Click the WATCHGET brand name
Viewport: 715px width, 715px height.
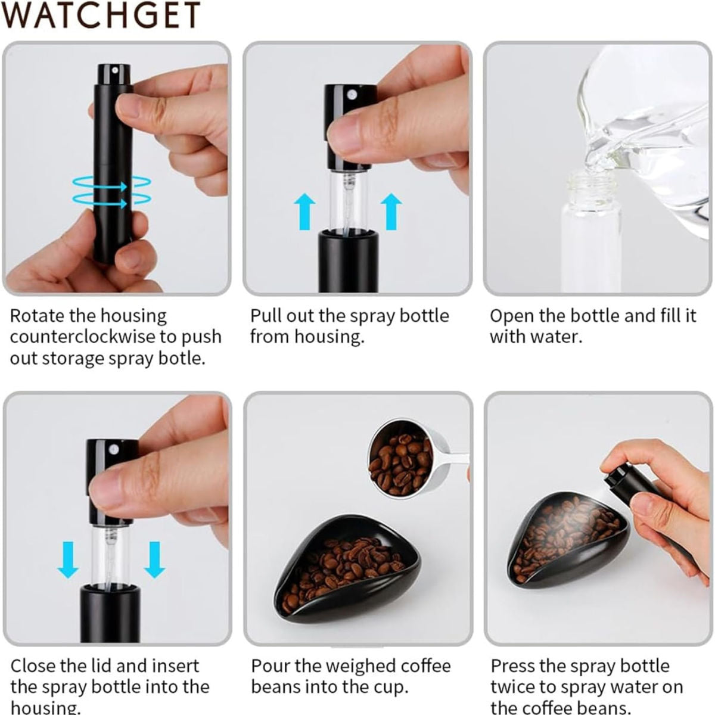[101, 15]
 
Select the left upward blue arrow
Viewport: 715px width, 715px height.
[304, 212]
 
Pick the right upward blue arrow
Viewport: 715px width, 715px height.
[391, 212]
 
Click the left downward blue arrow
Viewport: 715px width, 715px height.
[68, 560]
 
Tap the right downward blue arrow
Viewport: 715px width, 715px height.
[154, 560]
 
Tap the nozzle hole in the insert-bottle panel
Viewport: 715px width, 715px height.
[113, 450]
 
